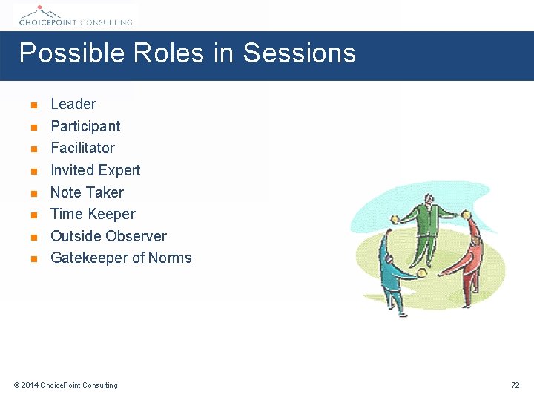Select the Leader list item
coord(73,104)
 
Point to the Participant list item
coord(85,126)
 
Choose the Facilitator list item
coord(82,148)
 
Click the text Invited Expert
coord(95,170)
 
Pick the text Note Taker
coord(87,192)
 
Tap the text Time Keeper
coord(93,214)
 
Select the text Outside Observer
coord(108,236)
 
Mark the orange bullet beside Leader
coord(33,105)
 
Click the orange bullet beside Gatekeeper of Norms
coord(33,259)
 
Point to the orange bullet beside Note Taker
coord(33,193)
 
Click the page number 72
coord(515,385)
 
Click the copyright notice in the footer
coord(65,385)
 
